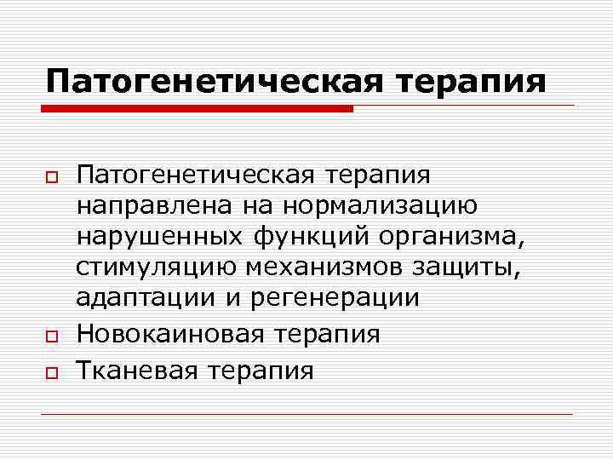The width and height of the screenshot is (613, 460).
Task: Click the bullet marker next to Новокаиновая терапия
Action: pyautogui.click(x=51, y=334)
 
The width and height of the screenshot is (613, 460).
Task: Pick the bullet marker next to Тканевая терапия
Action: pyautogui.click(x=51, y=371)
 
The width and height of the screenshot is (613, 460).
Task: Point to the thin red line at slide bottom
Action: pyautogui.click(x=306, y=414)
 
